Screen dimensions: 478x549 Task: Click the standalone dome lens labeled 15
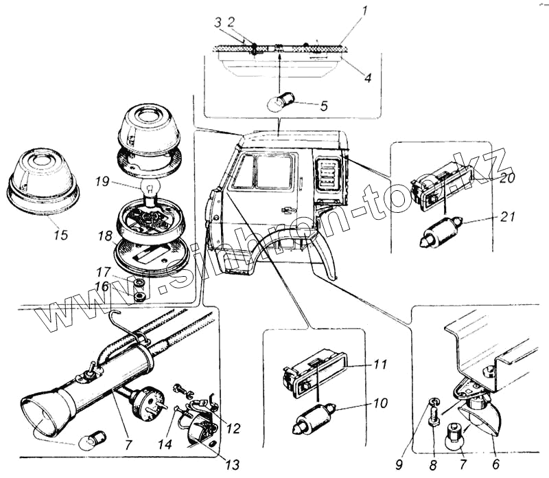tap(43, 179)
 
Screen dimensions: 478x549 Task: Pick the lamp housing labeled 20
tap(443, 185)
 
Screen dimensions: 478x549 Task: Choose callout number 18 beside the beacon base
tap(104, 236)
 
